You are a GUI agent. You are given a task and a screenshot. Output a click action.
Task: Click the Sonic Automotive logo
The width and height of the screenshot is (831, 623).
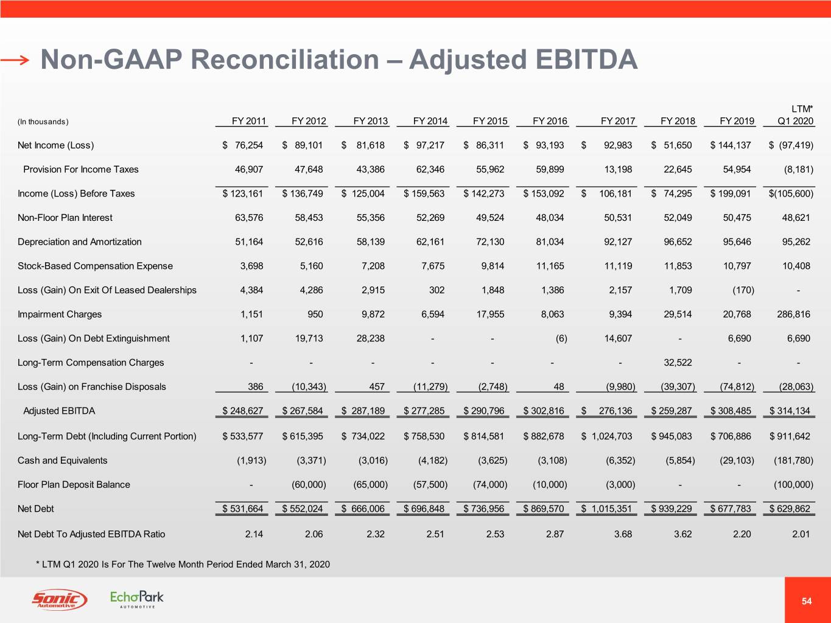(x=59, y=599)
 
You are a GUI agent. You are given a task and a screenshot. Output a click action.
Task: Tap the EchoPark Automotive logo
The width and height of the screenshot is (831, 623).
(x=137, y=599)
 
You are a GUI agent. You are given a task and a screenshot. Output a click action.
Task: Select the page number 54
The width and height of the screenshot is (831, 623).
(x=807, y=601)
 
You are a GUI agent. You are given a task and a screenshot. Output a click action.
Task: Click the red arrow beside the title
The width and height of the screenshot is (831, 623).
(x=15, y=60)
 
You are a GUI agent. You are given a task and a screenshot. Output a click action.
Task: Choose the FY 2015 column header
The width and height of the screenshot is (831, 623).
(x=490, y=121)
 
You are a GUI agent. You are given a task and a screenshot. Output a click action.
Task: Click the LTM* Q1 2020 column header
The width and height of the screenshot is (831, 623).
(x=795, y=116)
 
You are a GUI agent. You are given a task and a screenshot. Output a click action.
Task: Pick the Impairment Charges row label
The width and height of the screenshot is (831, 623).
(x=60, y=315)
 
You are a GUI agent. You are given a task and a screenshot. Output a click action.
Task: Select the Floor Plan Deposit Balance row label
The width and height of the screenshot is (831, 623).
(x=74, y=485)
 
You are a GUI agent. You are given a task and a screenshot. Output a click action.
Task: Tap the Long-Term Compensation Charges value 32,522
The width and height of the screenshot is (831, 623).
(x=678, y=363)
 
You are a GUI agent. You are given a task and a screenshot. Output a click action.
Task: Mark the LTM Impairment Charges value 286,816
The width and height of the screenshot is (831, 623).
(x=794, y=315)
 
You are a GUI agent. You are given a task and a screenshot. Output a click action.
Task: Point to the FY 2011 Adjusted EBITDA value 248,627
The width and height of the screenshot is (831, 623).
(x=243, y=411)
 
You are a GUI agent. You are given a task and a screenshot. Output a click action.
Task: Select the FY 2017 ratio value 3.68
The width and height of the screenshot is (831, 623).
(x=623, y=534)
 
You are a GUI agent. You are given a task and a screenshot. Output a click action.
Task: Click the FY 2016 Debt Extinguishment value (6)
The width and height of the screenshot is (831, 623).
(x=561, y=338)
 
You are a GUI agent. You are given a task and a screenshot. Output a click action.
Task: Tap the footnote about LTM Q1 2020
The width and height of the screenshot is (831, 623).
(x=183, y=565)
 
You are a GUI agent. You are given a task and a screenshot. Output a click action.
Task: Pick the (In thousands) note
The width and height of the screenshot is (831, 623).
(x=43, y=122)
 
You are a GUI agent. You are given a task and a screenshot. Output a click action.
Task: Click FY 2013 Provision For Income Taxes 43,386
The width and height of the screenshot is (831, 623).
(x=371, y=169)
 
